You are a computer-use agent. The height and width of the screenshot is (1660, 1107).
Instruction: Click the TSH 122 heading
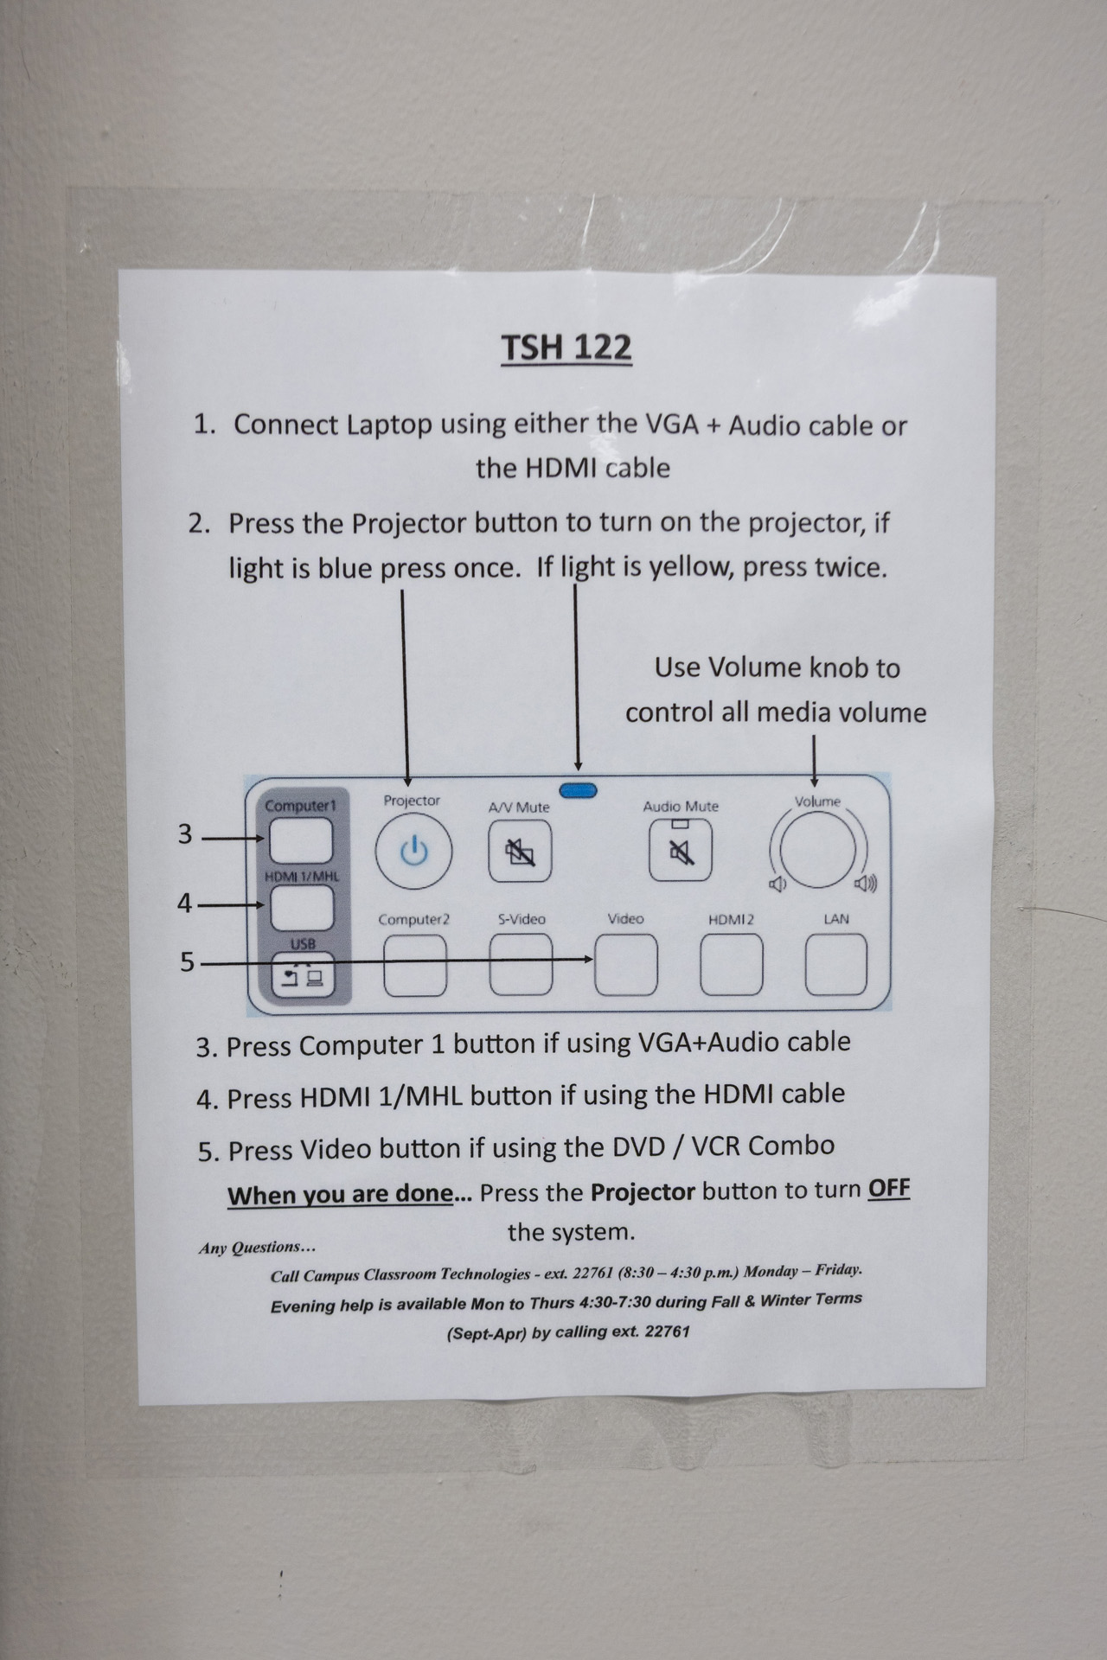(x=566, y=348)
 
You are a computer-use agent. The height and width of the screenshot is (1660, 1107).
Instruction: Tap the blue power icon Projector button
(x=414, y=852)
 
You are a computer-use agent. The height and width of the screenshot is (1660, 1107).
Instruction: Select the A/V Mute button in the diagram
(x=520, y=852)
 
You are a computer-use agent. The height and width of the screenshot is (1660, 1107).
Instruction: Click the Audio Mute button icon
(x=681, y=850)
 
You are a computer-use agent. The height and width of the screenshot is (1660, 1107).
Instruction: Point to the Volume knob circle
(x=817, y=849)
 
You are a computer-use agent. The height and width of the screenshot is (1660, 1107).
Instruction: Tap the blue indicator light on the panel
(x=579, y=789)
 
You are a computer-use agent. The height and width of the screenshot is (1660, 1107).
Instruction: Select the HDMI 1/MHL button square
(x=302, y=908)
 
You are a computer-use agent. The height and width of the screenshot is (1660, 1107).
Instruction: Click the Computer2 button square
(x=415, y=965)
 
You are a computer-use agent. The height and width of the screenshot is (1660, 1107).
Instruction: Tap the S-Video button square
(x=521, y=964)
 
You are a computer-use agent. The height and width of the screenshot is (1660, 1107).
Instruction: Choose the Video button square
(x=626, y=964)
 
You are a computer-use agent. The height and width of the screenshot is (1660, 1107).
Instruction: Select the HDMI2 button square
(x=732, y=964)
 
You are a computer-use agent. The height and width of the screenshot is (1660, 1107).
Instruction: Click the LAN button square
(x=836, y=964)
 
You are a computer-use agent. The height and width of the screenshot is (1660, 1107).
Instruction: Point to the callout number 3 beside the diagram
(x=184, y=834)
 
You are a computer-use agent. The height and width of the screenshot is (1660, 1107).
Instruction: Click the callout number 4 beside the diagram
(x=184, y=903)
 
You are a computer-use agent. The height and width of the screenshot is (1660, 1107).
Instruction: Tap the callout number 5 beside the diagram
(x=187, y=961)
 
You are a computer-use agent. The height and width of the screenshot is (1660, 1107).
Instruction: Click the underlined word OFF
(x=889, y=1188)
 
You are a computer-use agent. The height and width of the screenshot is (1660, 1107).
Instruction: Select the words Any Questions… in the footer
(x=257, y=1248)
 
